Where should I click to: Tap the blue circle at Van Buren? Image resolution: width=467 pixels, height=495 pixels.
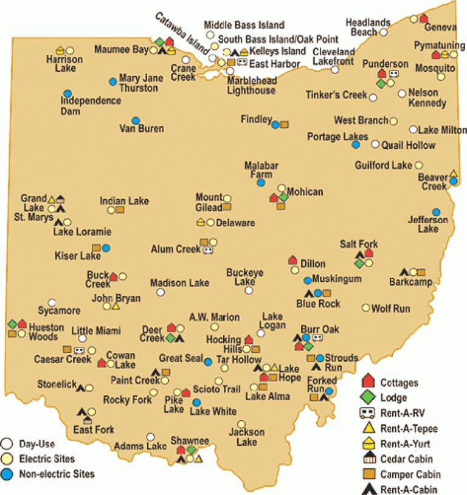pos(136,120)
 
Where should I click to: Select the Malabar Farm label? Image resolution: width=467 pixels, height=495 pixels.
pos(261,170)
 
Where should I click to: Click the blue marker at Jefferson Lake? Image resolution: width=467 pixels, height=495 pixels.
pos(436,212)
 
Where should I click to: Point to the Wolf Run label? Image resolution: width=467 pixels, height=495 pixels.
pos(390,309)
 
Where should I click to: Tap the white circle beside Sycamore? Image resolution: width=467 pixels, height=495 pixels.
pos(52,302)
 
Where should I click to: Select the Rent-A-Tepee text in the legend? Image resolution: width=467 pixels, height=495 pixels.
pos(409,428)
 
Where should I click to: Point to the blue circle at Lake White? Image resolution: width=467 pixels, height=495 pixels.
pos(196,402)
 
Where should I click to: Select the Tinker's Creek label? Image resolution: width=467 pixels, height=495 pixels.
pos(337,95)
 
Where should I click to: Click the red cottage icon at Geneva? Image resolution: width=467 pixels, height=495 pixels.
pos(424,18)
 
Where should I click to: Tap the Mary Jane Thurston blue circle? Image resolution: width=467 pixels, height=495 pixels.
pos(112,81)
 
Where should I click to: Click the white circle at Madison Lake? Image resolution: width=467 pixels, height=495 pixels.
pos(161,292)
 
